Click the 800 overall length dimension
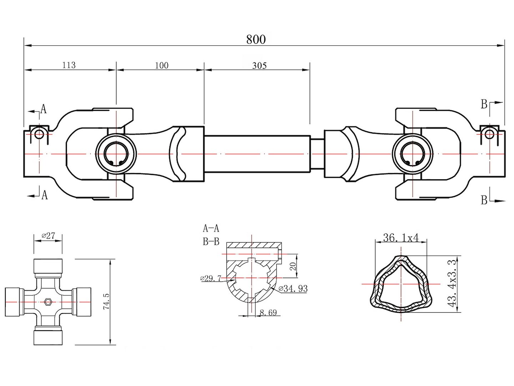point(256,39)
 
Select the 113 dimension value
point(69,65)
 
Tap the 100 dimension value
point(162,65)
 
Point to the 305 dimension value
point(259,65)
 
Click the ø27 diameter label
point(48,236)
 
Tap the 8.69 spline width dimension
point(268,313)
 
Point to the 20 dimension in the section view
point(293,266)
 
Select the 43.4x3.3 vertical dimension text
point(453,283)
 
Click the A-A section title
point(211,228)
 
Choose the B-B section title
point(211,242)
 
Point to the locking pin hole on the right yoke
point(490,134)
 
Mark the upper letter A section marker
point(44,109)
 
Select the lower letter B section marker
point(484,200)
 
